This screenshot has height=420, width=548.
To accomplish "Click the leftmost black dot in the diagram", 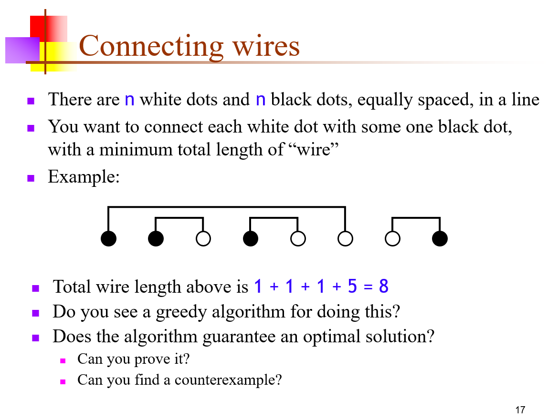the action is [x=109, y=238].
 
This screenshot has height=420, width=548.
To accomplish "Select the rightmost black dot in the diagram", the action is [x=440, y=238].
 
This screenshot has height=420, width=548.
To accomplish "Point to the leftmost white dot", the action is [x=203, y=238].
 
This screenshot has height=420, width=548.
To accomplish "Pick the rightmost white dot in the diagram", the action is [x=392, y=238].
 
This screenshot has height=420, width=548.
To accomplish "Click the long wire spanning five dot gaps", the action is [x=227, y=207].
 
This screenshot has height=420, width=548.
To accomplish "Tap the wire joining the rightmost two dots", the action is [x=416, y=218].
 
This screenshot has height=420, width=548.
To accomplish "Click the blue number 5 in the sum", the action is [x=352, y=287].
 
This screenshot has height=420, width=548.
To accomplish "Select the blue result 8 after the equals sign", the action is [x=384, y=287].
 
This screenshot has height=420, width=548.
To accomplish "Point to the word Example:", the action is [x=84, y=177].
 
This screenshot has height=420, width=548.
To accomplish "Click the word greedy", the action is [x=179, y=312].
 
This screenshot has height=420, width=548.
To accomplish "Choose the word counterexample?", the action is [x=228, y=380].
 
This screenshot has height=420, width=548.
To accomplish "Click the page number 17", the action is [x=520, y=410].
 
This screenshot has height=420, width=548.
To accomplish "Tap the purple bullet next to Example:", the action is [x=31, y=179].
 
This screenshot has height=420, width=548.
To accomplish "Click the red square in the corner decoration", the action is [x=38, y=26].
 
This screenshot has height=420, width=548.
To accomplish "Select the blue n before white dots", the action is [x=129, y=100].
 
